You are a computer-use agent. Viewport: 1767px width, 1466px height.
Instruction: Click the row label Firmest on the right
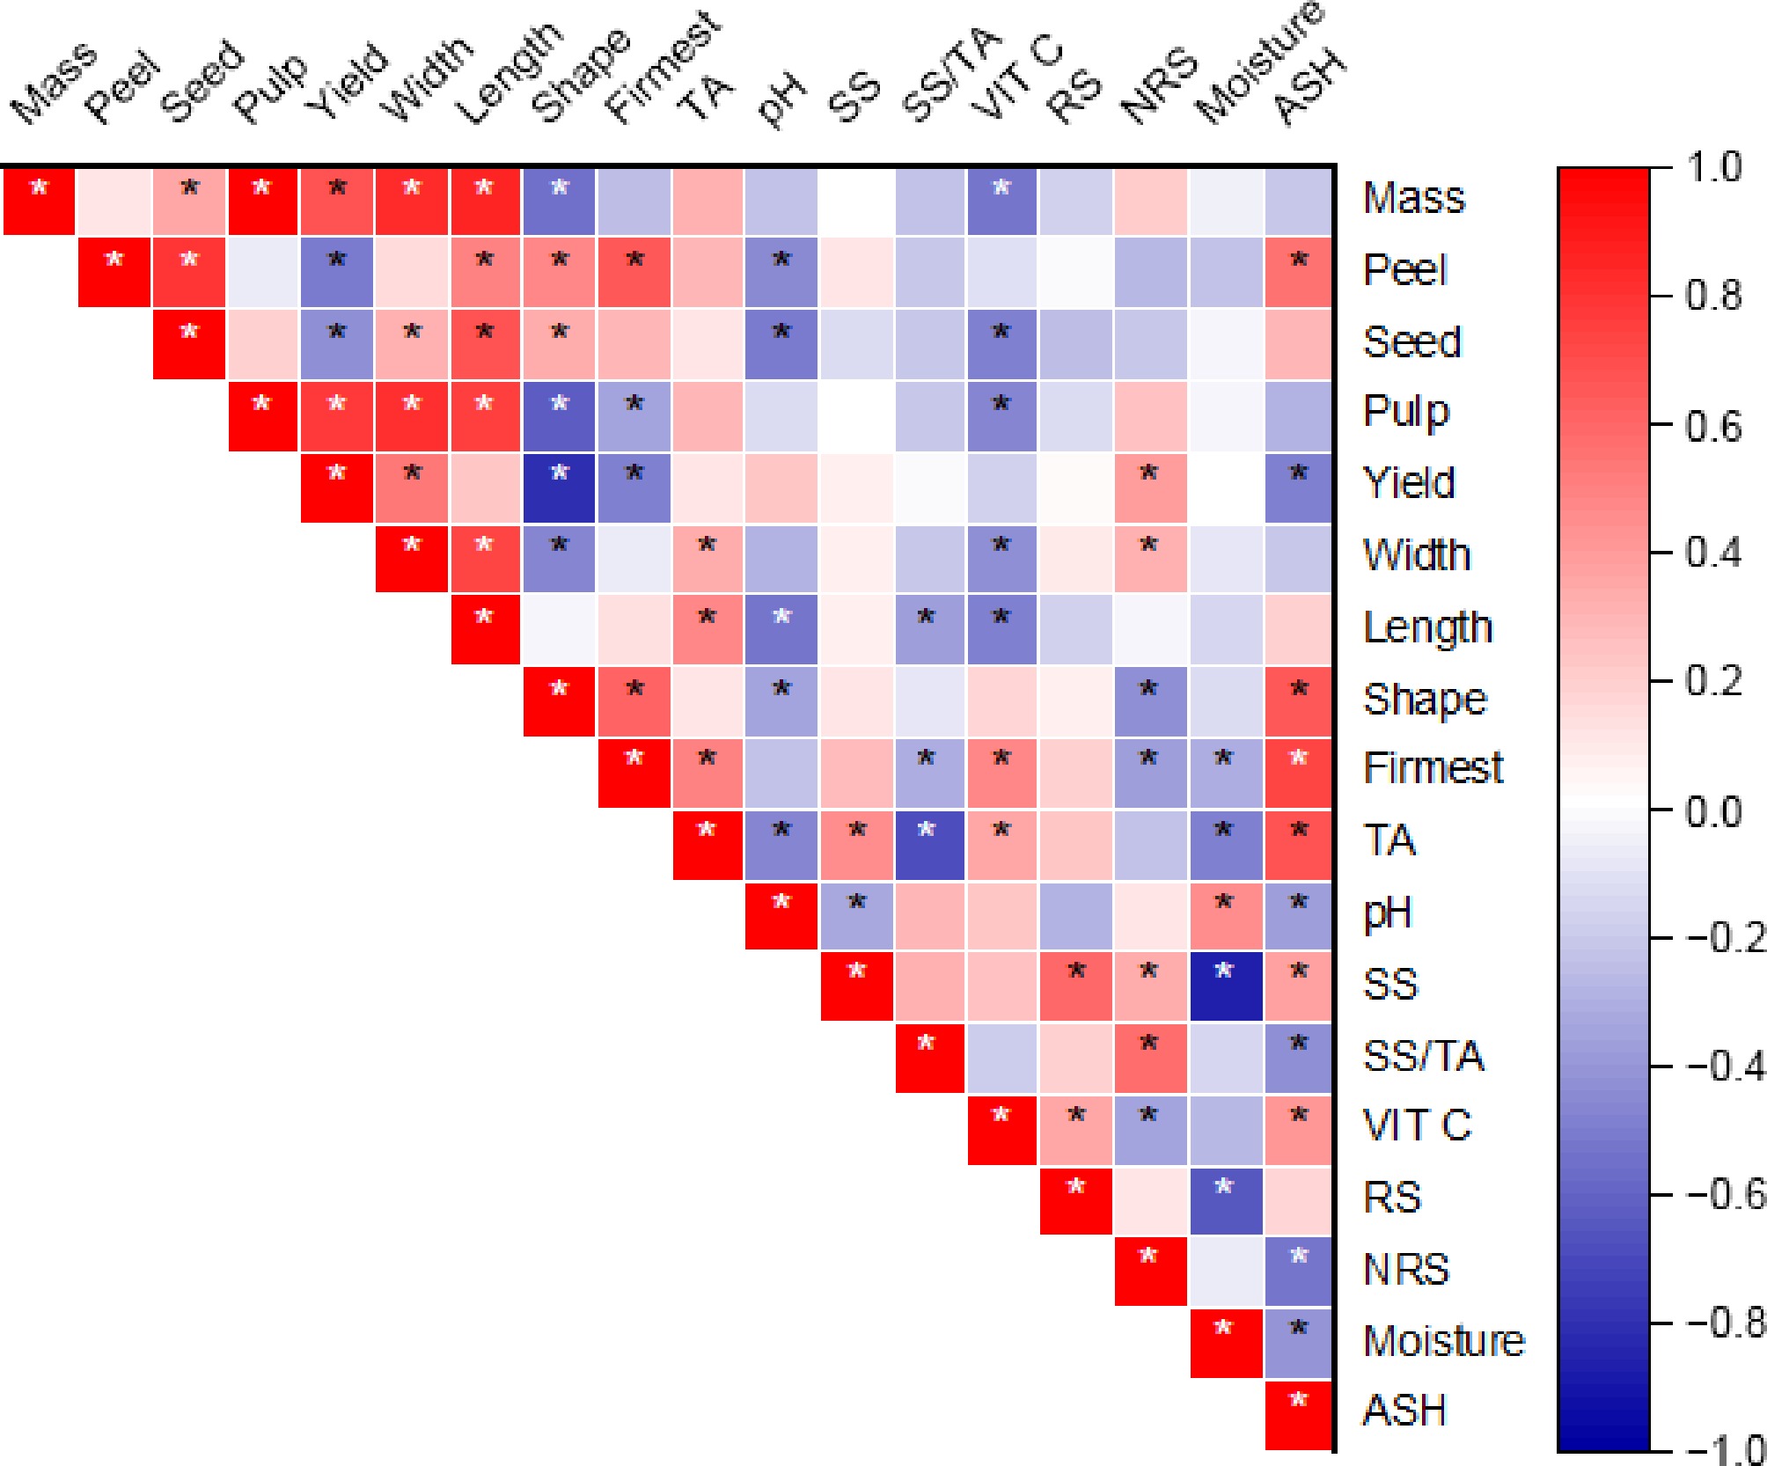coord(1433,768)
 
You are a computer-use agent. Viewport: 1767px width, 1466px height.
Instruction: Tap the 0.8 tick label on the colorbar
coord(1712,296)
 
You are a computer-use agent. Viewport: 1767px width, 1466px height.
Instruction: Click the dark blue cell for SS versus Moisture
coord(1225,986)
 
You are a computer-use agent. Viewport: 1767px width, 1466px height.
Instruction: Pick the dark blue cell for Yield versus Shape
coord(559,487)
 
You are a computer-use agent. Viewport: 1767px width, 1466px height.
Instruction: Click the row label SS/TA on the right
coord(1423,1056)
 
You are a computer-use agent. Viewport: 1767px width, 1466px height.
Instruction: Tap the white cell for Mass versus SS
coord(856,201)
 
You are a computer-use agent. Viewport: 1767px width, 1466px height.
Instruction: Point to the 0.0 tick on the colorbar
coord(1712,810)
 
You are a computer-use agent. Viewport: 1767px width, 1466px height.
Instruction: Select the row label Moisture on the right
coord(1443,1341)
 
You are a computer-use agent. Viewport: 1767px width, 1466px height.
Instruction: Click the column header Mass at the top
coord(55,84)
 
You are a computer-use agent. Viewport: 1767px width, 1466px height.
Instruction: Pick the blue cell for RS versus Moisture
coord(1225,1200)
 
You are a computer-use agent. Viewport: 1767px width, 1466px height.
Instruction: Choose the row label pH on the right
coord(1388,913)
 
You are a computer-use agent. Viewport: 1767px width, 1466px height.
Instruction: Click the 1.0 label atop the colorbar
coord(1712,167)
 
